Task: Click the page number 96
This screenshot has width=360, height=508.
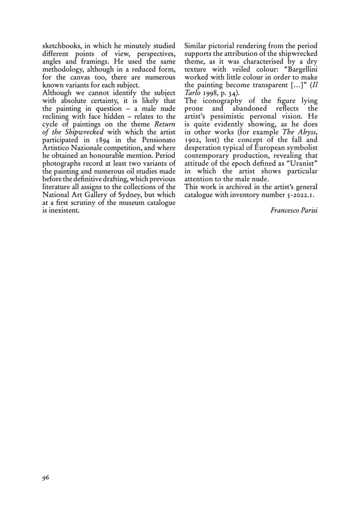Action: click(x=46, y=477)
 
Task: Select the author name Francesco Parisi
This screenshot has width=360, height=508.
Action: click(x=294, y=210)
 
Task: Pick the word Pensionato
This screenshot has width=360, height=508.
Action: click(x=158, y=140)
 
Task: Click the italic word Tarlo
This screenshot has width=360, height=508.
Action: click(x=192, y=93)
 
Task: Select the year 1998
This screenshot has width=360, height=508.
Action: click(x=210, y=93)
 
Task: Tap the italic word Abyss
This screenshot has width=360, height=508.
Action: click(x=307, y=132)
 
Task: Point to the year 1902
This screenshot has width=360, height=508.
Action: click(x=192, y=140)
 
